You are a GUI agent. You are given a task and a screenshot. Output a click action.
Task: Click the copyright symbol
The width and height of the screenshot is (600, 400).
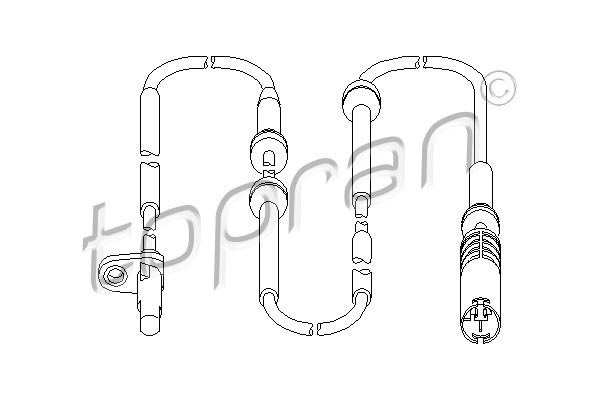click(x=498, y=88)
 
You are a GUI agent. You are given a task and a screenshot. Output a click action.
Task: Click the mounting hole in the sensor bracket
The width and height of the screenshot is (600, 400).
click(x=114, y=274)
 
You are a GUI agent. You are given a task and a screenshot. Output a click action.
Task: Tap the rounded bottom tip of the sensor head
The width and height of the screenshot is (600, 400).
click(x=150, y=328)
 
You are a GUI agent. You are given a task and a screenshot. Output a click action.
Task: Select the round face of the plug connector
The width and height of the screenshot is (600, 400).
click(x=481, y=321)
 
